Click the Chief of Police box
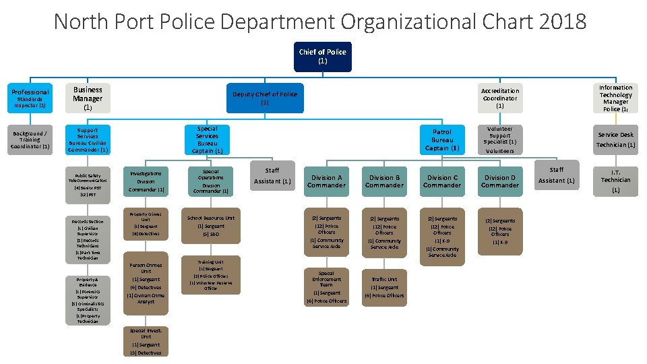point(322,56)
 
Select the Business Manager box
point(88,98)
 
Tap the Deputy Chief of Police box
point(264,98)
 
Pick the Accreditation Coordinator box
point(499,98)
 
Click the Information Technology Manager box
point(615,98)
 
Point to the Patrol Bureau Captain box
point(442,140)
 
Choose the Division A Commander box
point(326,181)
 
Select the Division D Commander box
point(499,181)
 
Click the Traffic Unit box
point(384,287)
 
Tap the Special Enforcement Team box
point(326,287)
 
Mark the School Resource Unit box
point(211,226)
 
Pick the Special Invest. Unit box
point(146,341)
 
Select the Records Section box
point(88,239)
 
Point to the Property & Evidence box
point(88,301)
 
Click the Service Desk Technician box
point(615,140)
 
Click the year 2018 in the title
point(563,22)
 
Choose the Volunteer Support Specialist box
point(499,140)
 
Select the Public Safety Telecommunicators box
point(88,184)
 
